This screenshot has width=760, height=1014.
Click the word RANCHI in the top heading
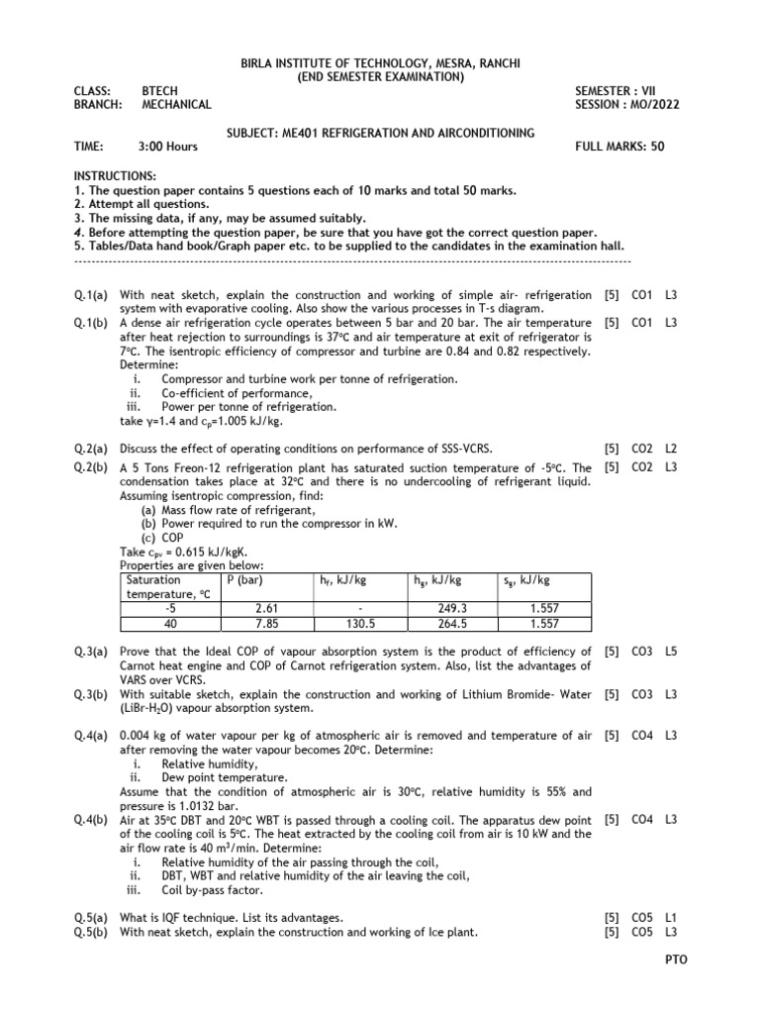[491, 64]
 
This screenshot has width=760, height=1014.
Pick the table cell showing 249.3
[452, 610]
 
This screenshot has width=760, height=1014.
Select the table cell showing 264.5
[452, 624]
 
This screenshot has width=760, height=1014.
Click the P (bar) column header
[243, 580]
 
